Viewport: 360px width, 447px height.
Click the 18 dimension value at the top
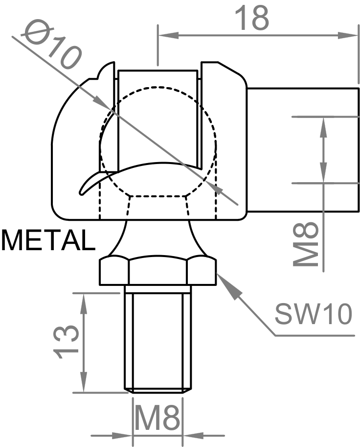(252, 18)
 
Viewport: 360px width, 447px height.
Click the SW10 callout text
(313, 314)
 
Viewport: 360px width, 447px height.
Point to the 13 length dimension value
(65, 342)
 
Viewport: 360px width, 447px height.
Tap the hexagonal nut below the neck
(157, 272)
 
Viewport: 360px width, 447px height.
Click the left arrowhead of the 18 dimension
(166, 35)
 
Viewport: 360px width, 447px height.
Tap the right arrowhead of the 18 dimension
(349, 35)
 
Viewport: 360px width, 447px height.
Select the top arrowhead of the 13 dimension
(84, 301)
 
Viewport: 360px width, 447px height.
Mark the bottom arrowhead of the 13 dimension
(84, 384)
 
